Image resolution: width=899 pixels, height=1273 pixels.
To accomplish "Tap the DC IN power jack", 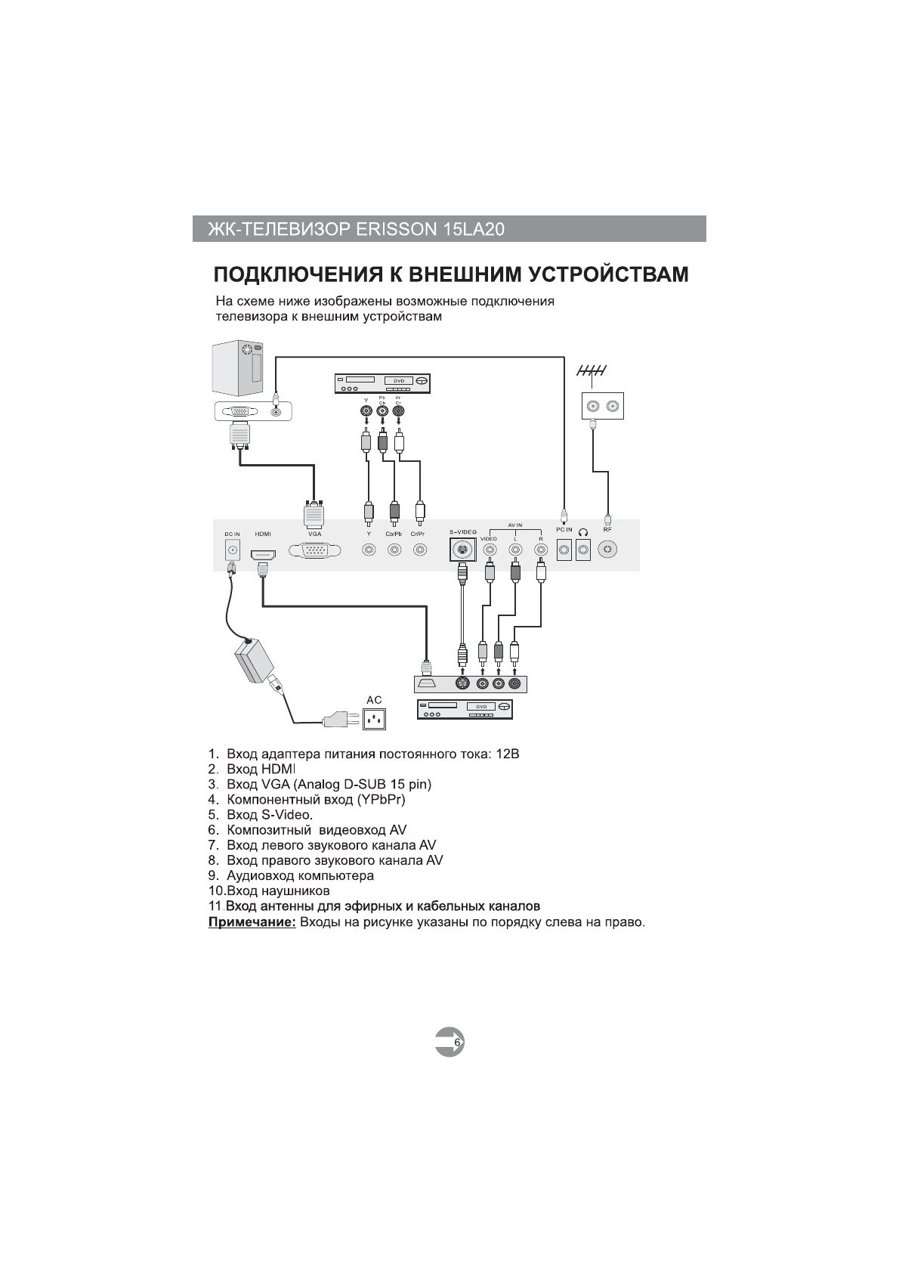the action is [232, 551].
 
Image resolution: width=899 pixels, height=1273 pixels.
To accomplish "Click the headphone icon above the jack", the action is [582, 531].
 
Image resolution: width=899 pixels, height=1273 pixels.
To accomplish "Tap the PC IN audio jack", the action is [564, 550].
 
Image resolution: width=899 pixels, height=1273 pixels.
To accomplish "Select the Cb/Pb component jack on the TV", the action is [394, 550].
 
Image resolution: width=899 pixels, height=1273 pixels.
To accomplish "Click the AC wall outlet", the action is [375, 719].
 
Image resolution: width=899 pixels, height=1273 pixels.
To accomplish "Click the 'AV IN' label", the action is [515, 525].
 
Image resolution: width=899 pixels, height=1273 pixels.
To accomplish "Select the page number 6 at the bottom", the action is [456, 1042].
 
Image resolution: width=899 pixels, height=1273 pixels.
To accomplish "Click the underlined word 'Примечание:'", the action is [252, 923].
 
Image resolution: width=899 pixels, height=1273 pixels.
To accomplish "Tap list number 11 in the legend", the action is [215, 906].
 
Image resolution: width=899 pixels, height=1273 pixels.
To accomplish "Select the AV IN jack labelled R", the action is [540, 550].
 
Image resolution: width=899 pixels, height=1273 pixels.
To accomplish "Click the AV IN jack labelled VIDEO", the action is [490, 550].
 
